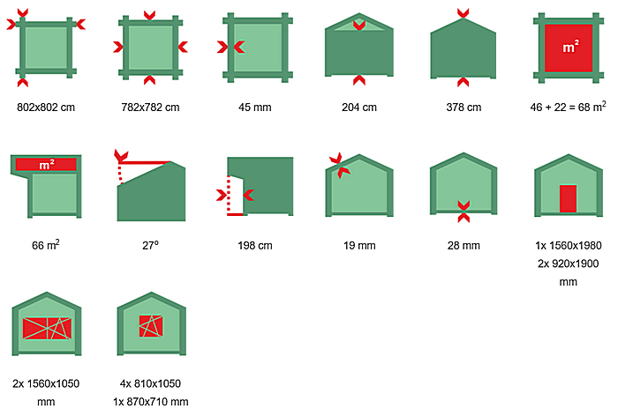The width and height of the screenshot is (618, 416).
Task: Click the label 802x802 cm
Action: (x=46, y=107)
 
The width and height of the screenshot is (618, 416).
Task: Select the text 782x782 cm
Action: (x=150, y=107)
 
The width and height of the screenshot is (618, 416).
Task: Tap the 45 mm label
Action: (x=254, y=107)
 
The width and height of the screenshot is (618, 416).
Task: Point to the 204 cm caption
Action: (x=359, y=107)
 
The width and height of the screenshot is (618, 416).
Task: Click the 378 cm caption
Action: (x=463, y=107)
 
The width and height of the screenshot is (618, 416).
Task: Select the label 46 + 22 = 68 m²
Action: (x=568, y=107)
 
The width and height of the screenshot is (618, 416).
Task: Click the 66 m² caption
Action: (x=46, y=245)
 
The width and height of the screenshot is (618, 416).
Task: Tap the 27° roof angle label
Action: (x=150, y=245)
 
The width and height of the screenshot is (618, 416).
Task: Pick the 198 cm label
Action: (x=254, y=245)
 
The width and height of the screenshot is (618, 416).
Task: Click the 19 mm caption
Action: (x=359, y=245)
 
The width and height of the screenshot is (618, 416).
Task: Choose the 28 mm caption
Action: (x=463, y=245)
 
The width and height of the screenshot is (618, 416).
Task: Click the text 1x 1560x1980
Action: (x=568, y=245)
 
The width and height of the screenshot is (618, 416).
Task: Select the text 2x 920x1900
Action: (x=568, y=264)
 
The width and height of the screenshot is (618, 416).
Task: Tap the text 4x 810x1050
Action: (x=150, y=383)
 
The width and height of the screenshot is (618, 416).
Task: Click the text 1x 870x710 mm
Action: (x=150, y=401)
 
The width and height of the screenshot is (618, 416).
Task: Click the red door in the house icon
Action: (x=568, y=198)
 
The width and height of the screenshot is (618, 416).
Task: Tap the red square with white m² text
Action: (x=569, y=48)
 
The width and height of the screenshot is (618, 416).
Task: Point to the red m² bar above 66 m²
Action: (x=46, y=164)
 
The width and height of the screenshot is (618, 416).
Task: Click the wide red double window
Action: (x=48, y=328)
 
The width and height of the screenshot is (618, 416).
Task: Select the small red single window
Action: (x=151, y=326)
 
